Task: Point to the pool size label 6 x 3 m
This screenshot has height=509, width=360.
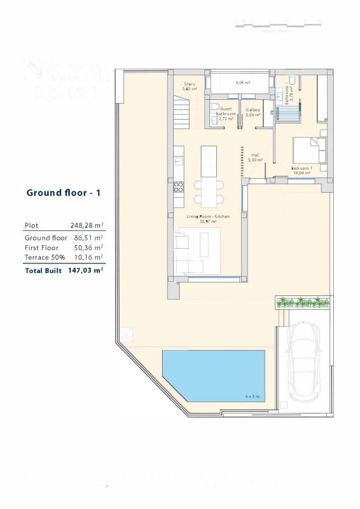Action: click(253, 396)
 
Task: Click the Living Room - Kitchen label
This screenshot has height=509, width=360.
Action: click(208, 219)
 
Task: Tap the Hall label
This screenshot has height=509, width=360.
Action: click(255, 158)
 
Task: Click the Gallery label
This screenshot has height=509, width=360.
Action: click(253, 112)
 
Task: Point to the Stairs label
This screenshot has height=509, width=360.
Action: click(190, 87)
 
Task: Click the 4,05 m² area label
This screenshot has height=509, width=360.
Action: click(242, 83)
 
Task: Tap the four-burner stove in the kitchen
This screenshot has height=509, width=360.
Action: click(179, 187)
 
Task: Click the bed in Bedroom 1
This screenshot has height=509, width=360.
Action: click(309, 151)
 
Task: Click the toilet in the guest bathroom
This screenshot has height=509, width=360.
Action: click(214, 107)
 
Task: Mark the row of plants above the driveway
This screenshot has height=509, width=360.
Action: click(303, 302)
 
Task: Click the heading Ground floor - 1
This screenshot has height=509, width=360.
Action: click(64, 193)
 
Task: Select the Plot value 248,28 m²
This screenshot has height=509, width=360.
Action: click(87, 225)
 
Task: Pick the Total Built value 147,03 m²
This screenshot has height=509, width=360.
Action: click(85, 270)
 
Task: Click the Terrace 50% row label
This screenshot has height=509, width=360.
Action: click(45, 258)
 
